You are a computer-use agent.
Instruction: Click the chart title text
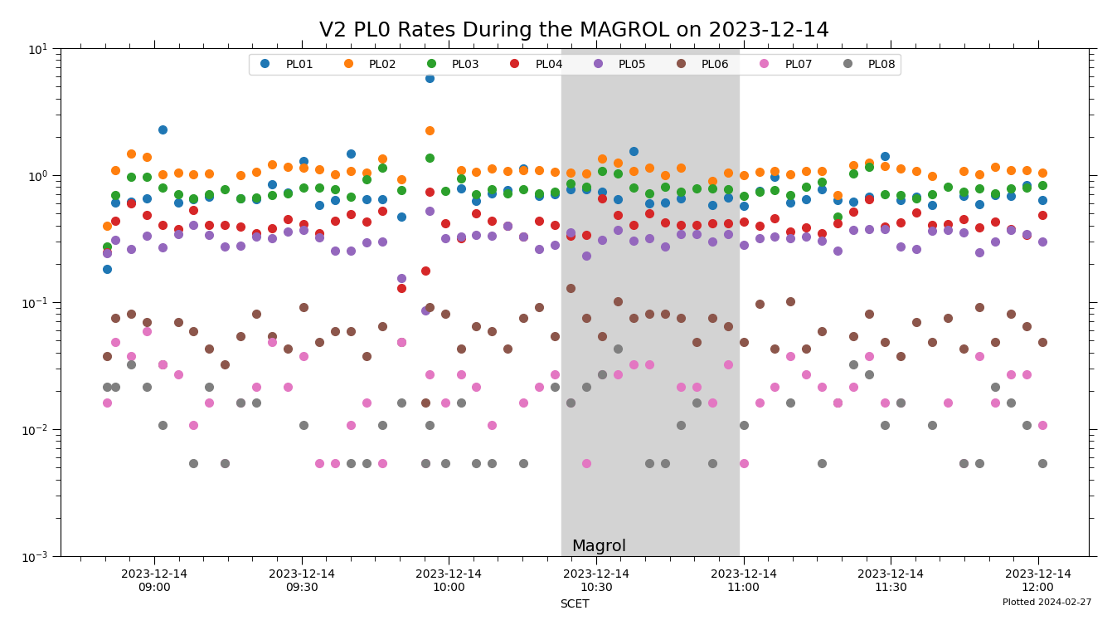[574, 31]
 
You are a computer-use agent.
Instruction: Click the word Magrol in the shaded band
[599, 546]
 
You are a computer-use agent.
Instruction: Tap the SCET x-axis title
[574, 604]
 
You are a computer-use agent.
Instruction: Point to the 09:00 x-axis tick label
[154, 580]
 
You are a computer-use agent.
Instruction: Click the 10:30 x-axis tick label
[596, 580]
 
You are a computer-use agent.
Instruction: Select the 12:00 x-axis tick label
[1038, 580]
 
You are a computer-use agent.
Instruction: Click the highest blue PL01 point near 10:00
[430, 78]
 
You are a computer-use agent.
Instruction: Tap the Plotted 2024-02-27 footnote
[1047, 603]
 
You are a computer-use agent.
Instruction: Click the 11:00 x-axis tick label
[743, 580]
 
